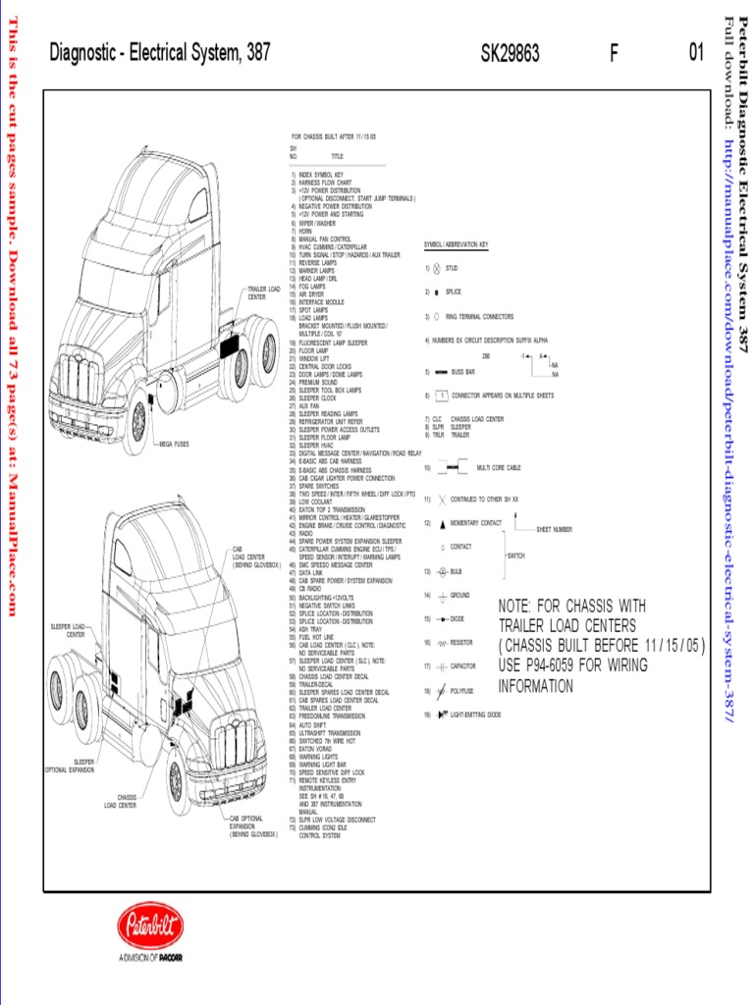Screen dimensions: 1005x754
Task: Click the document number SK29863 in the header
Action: coord(510,54)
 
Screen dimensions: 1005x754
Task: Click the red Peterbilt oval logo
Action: coord(150,926)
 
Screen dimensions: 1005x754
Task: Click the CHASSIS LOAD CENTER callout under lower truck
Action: coord(121,801)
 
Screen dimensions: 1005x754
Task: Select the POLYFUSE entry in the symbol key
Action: coord(462,691)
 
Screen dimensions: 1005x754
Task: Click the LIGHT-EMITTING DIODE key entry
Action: coord(475,715)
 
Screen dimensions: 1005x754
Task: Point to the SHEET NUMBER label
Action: coord(554,529)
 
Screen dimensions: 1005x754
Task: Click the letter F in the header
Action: coord(614,54)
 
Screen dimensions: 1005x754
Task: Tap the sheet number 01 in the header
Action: coord(696,54)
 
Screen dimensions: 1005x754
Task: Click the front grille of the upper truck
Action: coord(78,378)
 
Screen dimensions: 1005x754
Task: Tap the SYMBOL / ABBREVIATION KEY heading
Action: coord(456,244)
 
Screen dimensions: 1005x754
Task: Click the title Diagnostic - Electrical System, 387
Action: coord(160,54)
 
